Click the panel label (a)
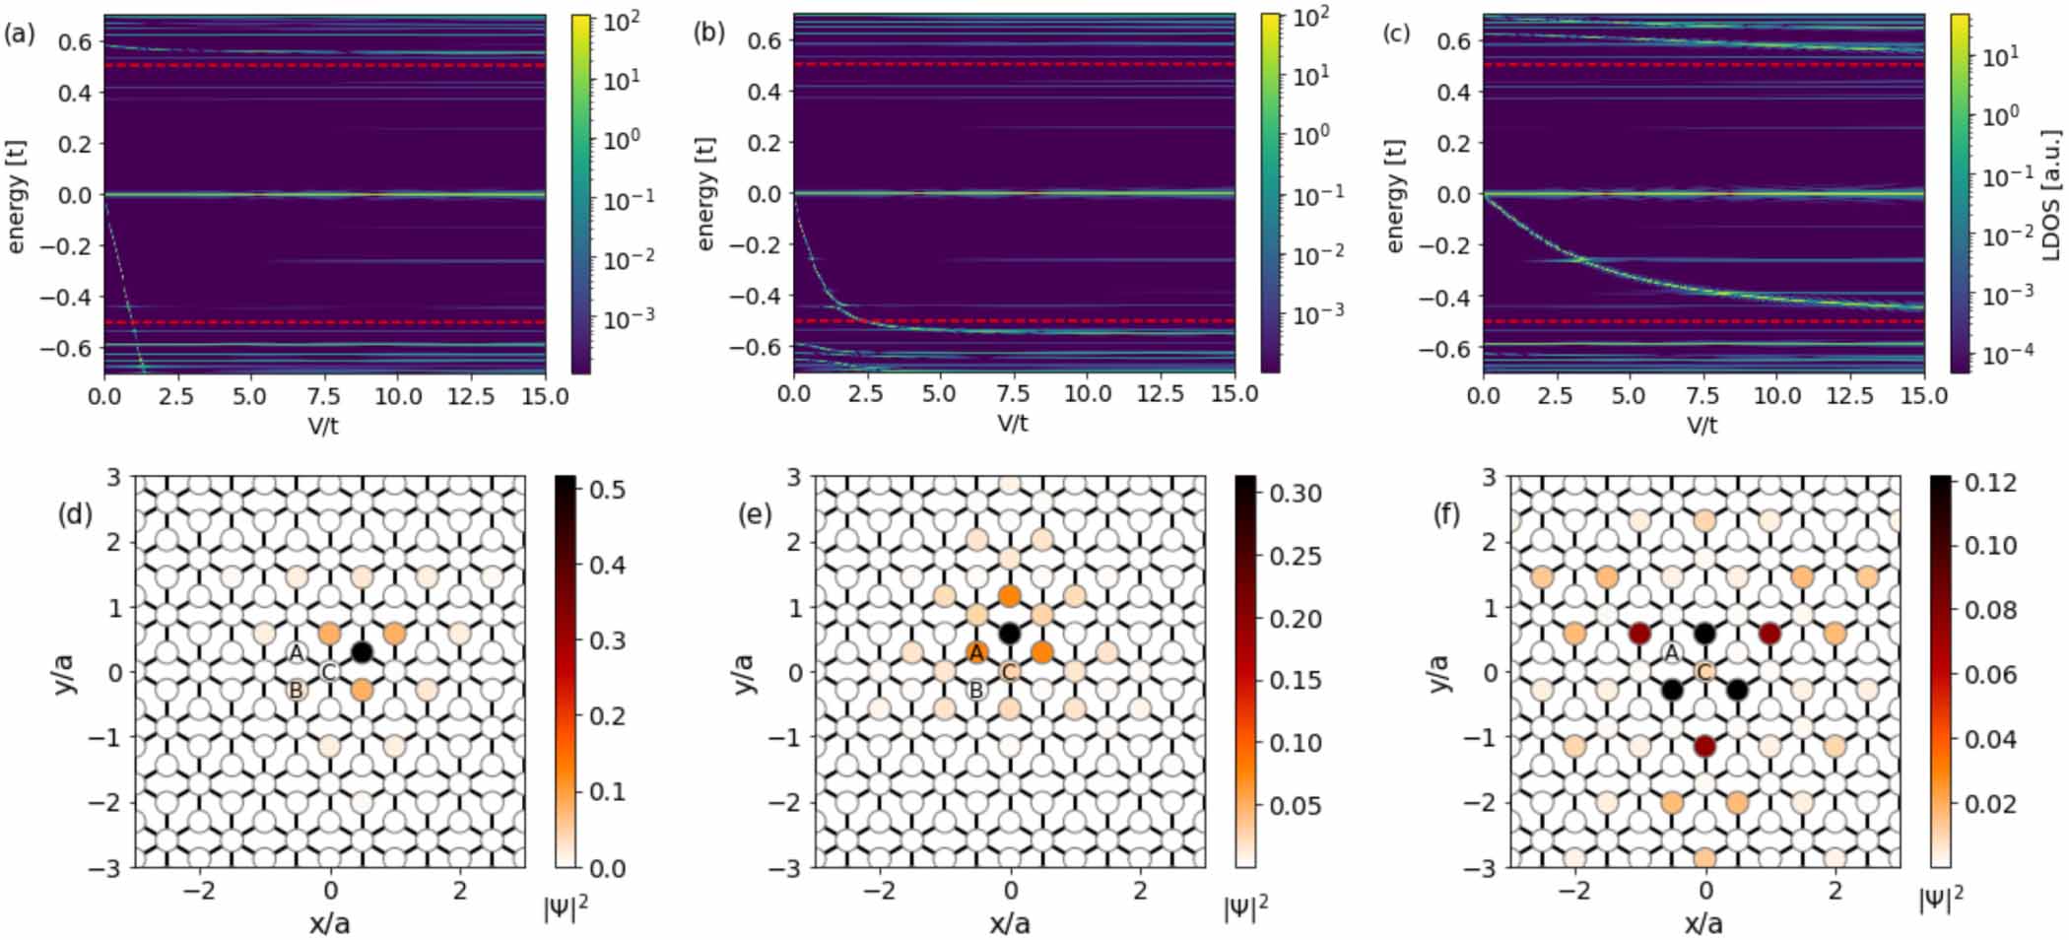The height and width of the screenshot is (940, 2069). click(x=19, y=34)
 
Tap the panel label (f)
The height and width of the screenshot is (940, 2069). click(x=1445, y=513)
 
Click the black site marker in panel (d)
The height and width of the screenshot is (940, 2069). click(x=362, y=651)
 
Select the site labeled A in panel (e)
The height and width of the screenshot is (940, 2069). click(x=976, y=652)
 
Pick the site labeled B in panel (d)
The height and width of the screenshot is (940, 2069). click(x=296, y=691)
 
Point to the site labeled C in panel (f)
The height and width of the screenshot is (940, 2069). click(x=1704, y=672)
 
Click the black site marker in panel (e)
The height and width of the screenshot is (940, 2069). click(x=1010, y=633)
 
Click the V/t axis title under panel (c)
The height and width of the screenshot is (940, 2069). click(x=1702, y=425)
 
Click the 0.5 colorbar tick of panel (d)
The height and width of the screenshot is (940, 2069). click(x=605, y=489)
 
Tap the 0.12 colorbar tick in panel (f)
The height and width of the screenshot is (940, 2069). click(x=1990, y=483)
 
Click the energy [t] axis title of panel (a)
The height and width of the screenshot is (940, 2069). click(x=16, y=196)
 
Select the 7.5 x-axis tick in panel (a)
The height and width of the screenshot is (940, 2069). click(x=323, y=396)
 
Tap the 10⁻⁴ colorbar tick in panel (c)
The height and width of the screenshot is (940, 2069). click(x=2000, y=354)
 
